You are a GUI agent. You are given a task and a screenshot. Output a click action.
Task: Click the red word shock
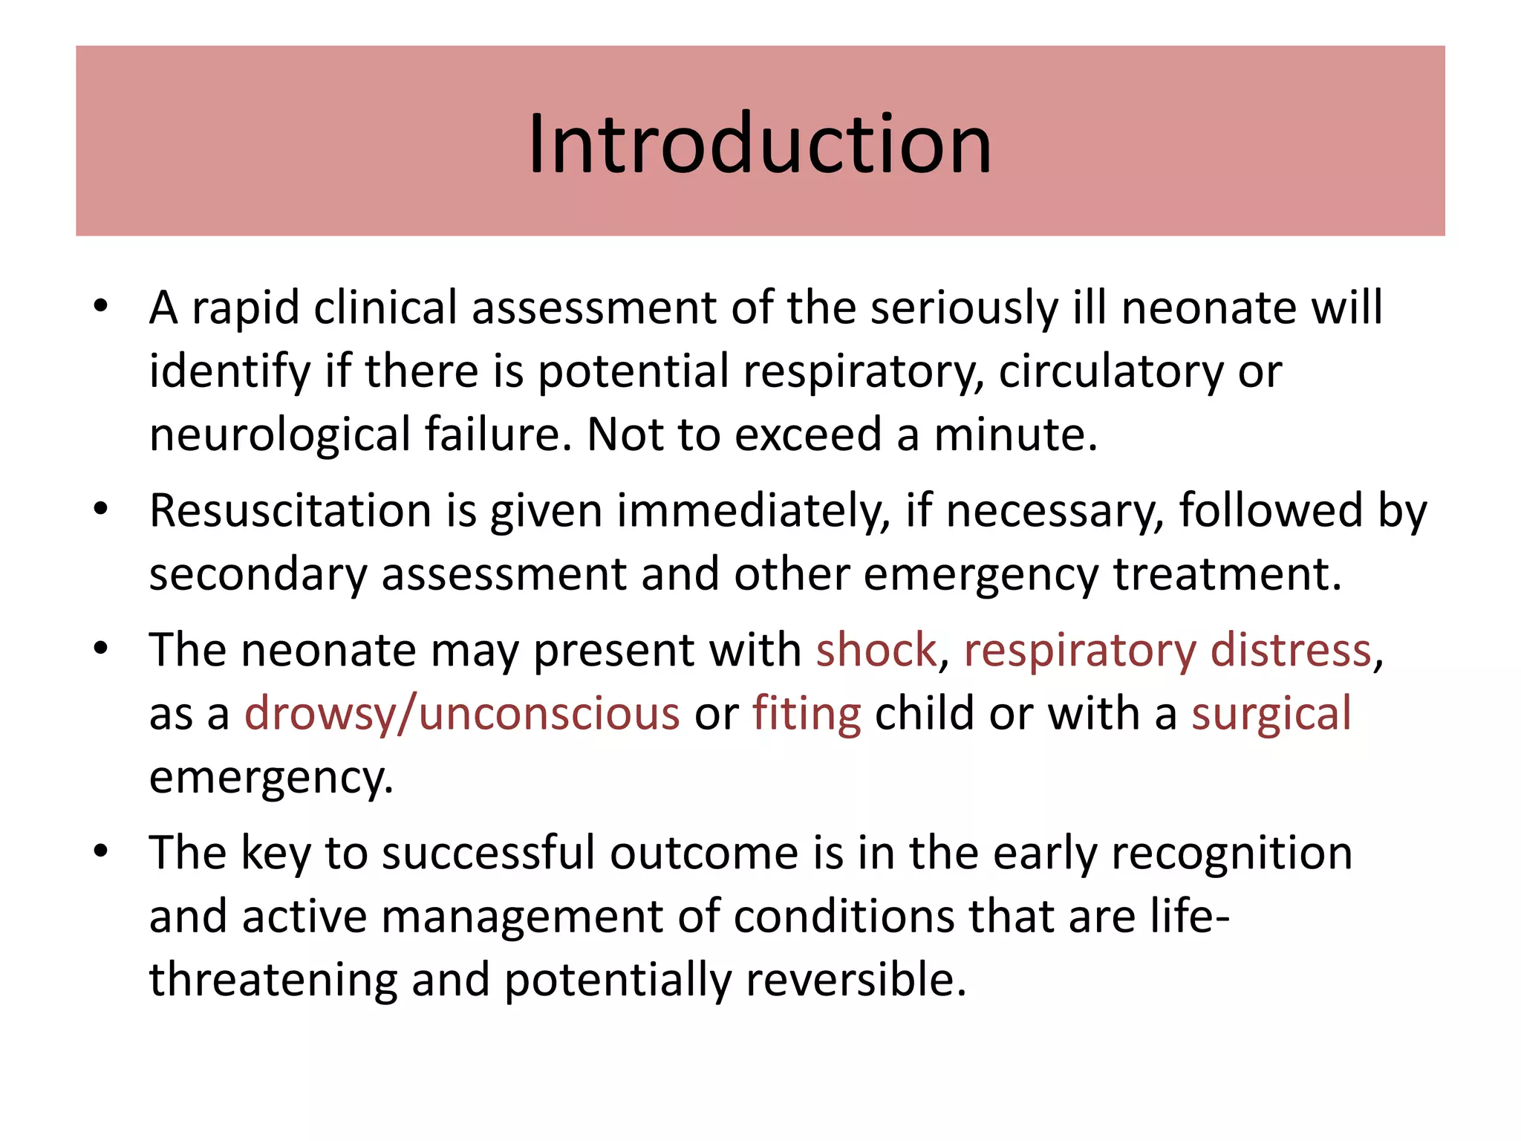[x=876, y=651]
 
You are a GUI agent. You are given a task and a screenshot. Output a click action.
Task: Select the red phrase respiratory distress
[x=1167, y=651]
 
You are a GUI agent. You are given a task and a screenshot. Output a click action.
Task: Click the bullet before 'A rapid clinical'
[x=101, y=307]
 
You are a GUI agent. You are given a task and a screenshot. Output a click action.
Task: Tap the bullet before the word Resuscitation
[x=101, y=510]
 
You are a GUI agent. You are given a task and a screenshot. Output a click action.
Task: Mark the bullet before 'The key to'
[x=101, y=852]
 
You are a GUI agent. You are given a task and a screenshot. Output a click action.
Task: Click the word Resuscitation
[x=290, y=511]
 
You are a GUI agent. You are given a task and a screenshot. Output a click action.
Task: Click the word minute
[x=1014, y=435]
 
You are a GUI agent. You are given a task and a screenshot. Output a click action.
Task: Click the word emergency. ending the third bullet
[x=271, y=778]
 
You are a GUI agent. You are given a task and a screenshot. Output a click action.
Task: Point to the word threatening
[x=273, y=980]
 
